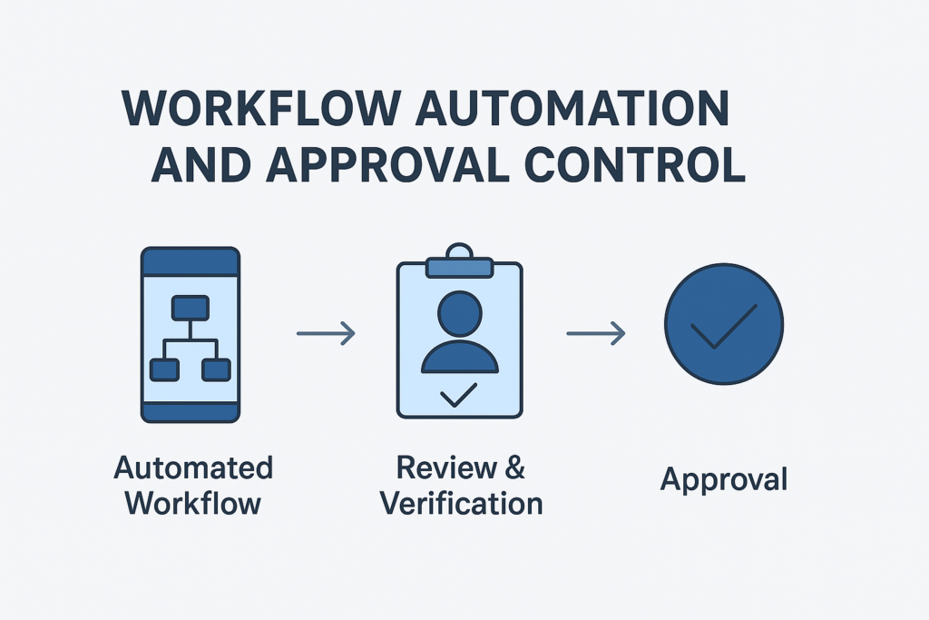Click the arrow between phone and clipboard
pos(326,334)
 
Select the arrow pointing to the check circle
pos(596,334)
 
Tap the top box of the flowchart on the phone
pos(191,308)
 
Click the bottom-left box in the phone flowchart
pos(163,369)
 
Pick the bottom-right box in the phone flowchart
pos(217,369)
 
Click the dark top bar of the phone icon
pos(191,262)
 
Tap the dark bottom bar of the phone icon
pos(191,412)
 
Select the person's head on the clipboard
pos(460,314)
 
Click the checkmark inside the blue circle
pos(722,326)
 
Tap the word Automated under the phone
pos(193,468)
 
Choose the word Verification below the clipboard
pos(461,502)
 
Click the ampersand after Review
pos(513,468)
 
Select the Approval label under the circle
pos(723,479)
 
